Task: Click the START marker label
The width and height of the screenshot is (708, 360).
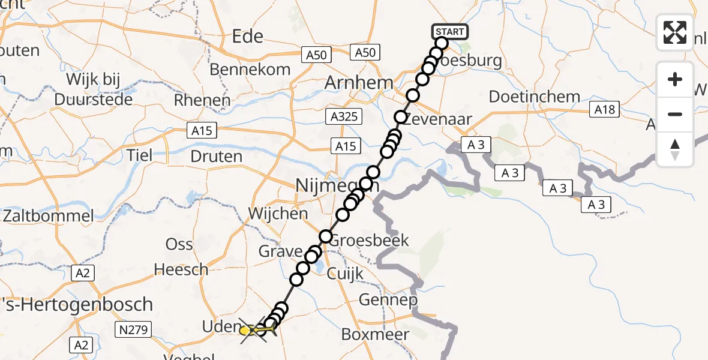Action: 449,32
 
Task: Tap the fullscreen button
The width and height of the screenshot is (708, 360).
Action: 675,32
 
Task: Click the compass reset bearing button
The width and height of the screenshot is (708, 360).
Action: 675,149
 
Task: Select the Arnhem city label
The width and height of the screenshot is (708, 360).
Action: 359,83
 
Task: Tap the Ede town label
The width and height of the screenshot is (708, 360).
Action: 248,36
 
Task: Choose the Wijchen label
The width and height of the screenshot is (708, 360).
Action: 278,213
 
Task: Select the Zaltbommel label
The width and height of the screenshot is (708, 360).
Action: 47,216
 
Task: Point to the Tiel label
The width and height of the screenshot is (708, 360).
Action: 140,155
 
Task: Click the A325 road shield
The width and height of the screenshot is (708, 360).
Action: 345,116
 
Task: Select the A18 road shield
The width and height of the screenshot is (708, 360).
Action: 604,109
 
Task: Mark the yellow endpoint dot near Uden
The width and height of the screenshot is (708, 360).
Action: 245,330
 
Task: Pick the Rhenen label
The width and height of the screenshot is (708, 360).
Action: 202,100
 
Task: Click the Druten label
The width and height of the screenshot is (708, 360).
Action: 216,157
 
